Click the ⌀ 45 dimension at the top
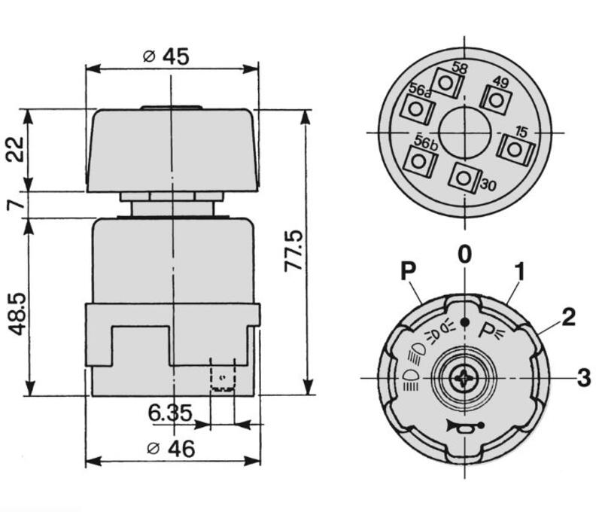click(x=166, y=56)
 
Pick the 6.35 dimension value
click(x=169, y=413)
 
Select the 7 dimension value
click(x=17, y=204)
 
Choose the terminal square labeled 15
click(x=514, y=148)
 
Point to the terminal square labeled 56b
click(x=421, y=159)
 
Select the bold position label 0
click(x=464, y=254)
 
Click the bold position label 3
click(x=583, y=377)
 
